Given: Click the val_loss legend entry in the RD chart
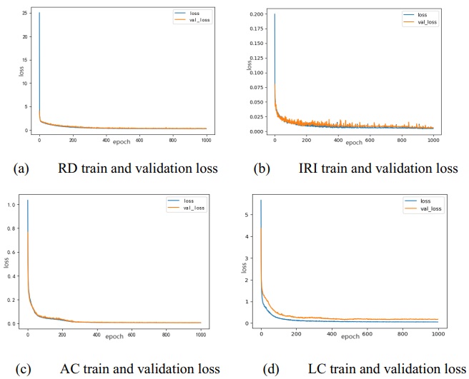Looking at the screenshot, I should click(192, 20).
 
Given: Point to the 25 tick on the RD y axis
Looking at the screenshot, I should click(24, 14).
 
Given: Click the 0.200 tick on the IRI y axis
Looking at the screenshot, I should click(257, 14).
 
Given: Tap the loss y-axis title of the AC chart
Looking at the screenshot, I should click(6, 263).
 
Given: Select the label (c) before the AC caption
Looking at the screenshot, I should click(21, 368).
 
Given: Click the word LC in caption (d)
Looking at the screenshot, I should click(317, 368).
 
